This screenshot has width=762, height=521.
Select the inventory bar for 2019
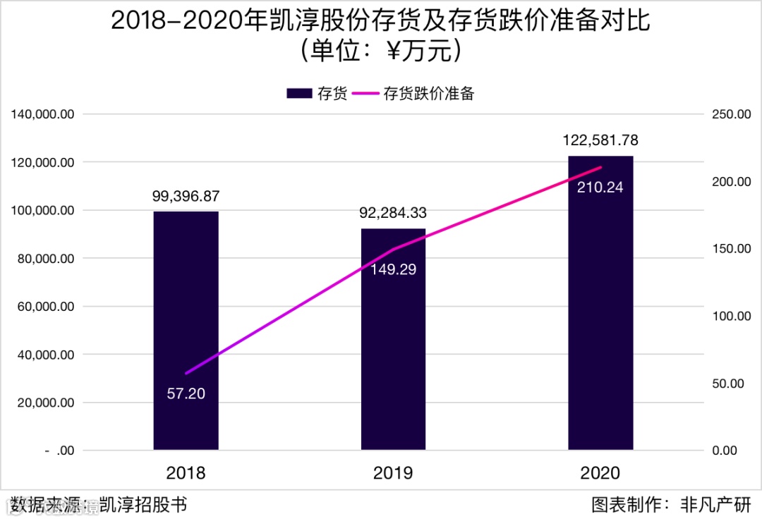click(x=393, y=338)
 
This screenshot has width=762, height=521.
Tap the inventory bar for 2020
click(x=600, y=302)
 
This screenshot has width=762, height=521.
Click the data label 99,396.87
click(x=186, y=197)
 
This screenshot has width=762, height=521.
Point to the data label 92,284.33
click(x=393, y=214)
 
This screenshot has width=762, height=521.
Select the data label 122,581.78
click(x=600, y=141)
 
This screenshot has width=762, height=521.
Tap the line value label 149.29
click(x=393, y=269)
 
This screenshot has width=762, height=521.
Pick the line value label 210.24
click(x=600, y=188)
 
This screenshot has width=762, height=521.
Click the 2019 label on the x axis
click(x=393, y=472)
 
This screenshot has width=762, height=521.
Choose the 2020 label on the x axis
click(x=600, y=472)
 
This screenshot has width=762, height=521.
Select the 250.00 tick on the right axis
click(x=730, y=114)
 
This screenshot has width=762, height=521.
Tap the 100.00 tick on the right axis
click(x=730, y=316)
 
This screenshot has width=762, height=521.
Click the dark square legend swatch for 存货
click(x=299, y=94)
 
